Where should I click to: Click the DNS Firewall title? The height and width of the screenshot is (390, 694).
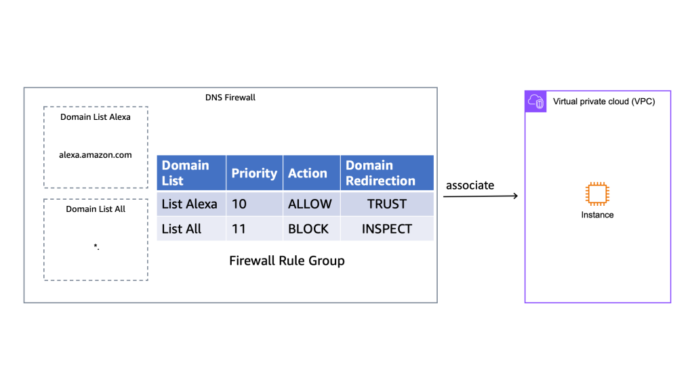point(230,97)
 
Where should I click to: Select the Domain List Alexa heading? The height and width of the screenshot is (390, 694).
point(96,116)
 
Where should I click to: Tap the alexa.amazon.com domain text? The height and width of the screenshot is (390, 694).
point(96,155)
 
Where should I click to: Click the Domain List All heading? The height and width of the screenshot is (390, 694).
point(96,209)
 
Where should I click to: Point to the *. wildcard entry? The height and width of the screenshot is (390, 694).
point(96,247)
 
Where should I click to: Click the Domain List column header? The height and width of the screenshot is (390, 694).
point(185,173)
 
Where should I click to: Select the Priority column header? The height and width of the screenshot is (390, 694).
point(254,173)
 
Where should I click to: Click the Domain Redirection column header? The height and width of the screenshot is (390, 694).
point(380,173)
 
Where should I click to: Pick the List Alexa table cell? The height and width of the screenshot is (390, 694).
point(189,204)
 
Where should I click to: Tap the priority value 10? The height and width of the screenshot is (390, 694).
point(240,204)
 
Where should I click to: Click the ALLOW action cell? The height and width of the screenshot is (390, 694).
point(310,204)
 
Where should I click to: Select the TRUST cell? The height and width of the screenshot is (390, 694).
point(386,204)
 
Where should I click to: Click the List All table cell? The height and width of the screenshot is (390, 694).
point(182,229)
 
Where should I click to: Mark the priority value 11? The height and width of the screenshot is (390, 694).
point(239,229)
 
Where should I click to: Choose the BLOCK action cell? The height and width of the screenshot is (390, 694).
point(308,229)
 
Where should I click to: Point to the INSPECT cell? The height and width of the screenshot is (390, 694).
point(386,229)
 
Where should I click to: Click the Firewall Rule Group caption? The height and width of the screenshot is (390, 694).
point(287,261)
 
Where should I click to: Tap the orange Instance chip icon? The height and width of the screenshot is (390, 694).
point(597,194)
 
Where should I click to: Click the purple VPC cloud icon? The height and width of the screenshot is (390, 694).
point(535,102)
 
